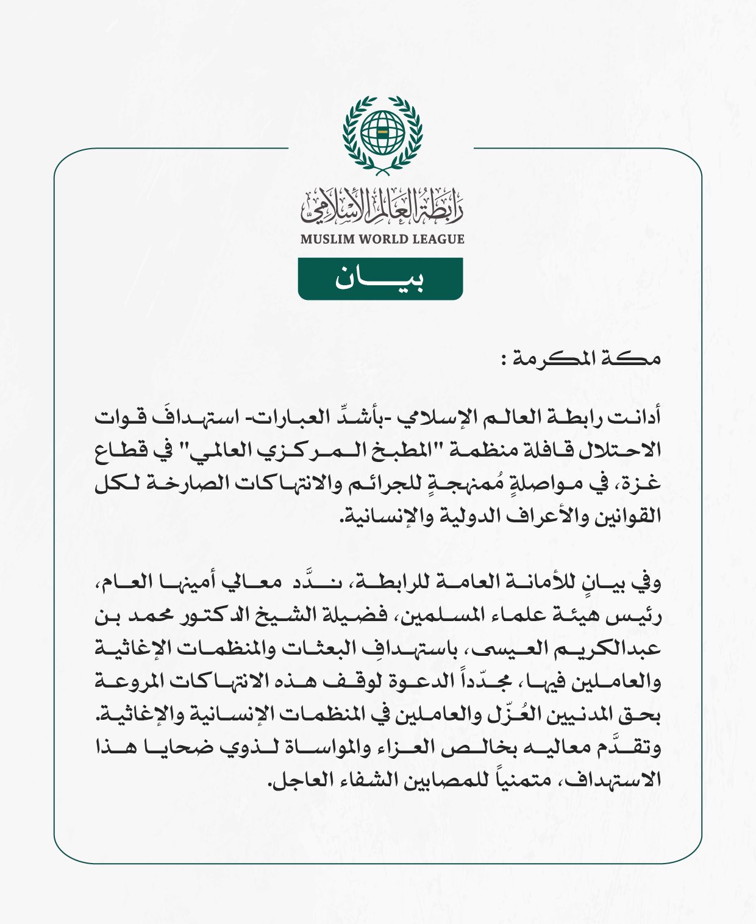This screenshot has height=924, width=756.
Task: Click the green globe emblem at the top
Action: click(x=382, y=132)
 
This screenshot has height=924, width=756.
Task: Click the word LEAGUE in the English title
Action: click(x=438, y=239)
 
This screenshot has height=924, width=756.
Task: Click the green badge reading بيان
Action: click(x=380, y=279)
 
